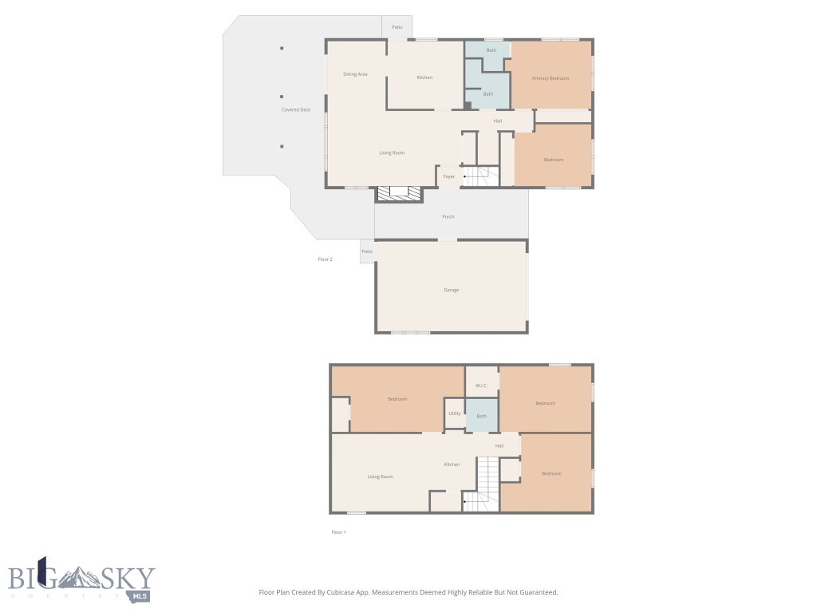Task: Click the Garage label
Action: pyautogui.click(x=452, y=290)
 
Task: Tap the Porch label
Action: pyautogui.click(x=448, y=216)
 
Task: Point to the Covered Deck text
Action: pyautogui.click(x=296, y=109)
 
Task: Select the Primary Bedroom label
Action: pyautogui.click(x=551, y=78)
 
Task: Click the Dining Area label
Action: pyautogui.click(x=355, y=74)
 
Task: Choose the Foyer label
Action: pyautogui.click(x=449, y=176)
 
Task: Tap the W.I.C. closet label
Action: pyautogui.click(x=481, y=386)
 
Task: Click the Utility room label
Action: pyautogui.click(x=454, y=413)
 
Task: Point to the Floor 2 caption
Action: pyautogui.click(x=325, y=259)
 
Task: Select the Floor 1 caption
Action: pyautogui.click(x=338, y=532)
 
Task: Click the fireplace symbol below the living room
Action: pyautogui.click(x=398, y=192)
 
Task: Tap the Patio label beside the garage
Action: pyautogui.click(x=367, y=251)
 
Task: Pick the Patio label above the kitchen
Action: pyautogui.click(x=397, y=28)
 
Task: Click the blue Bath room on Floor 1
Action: pyautogui.click(x=482, y=415)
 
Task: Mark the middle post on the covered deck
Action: pyautogui.click(x=282, y=97)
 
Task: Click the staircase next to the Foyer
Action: pyautogui.click(x=481, y=176)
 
